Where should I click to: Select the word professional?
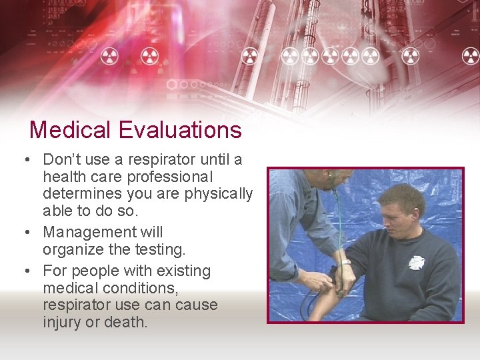[170, 177]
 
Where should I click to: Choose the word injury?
[63, 322]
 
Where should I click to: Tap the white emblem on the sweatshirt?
[417, 262]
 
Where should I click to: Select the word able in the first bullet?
[57, 211]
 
